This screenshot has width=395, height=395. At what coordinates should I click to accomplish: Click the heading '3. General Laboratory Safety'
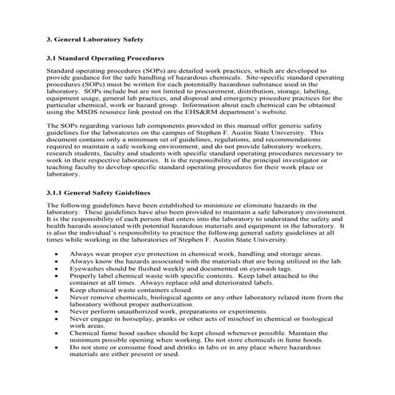pos(100,38)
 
